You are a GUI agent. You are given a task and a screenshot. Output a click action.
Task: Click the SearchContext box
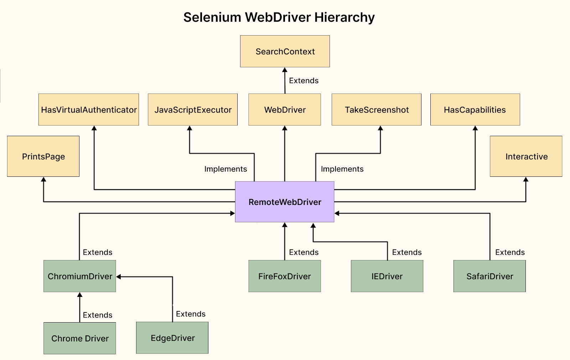point(285,51)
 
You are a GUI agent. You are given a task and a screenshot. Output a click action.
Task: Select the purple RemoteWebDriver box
point(285,202)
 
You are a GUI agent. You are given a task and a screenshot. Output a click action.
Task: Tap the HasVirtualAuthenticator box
point(89,109)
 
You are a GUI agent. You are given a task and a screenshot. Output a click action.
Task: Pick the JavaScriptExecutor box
point(193,109)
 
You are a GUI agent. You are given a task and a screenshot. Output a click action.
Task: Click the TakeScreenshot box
point(377,109)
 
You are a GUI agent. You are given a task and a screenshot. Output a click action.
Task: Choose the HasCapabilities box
point(475,109)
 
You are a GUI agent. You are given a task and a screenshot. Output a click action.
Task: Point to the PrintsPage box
point(43,156)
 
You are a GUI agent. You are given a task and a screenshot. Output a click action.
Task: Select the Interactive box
point(526,156)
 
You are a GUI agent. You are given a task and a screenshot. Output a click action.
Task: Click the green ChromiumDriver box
point(80,276)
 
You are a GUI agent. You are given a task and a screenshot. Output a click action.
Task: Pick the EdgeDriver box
point(172,338)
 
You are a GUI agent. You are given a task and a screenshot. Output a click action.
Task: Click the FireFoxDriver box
point(285,276)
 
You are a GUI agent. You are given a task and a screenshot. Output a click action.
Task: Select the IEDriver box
point(387,276)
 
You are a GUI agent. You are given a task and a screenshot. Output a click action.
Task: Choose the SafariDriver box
point(489,276)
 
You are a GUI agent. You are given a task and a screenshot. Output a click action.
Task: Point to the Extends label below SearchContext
point(304,81)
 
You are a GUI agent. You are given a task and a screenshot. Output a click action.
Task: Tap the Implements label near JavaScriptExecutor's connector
point(226,169)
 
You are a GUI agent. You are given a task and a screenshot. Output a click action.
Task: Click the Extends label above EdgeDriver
point(191,314)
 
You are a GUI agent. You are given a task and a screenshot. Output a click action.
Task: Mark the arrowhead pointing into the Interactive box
point(526,179)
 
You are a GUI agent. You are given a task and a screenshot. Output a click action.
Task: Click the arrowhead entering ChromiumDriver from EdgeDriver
point(119,277)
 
